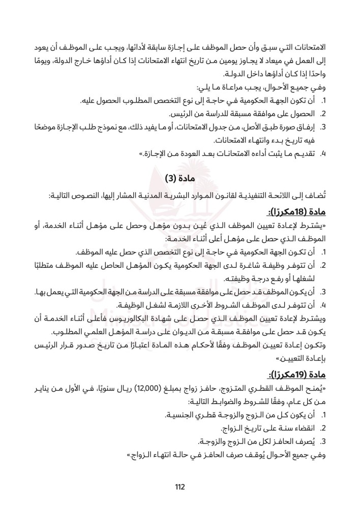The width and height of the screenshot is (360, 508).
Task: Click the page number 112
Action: (179, 486)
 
